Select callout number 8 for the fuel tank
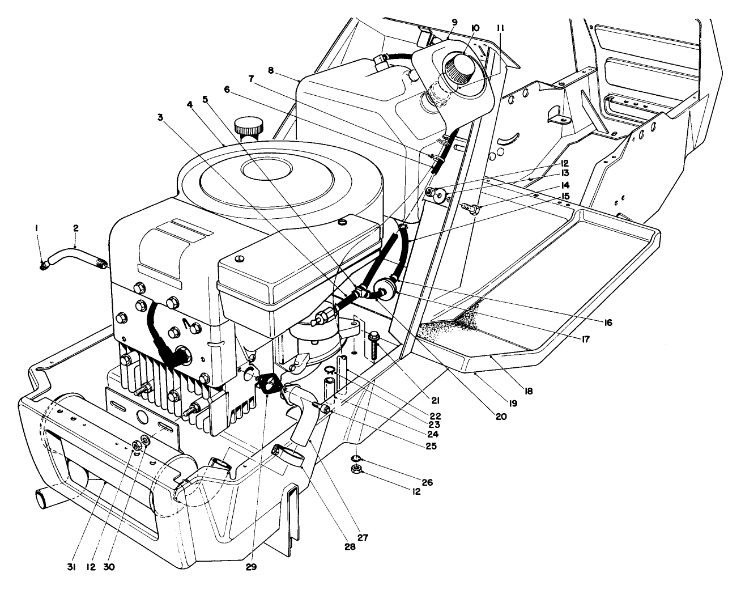coord(271,71)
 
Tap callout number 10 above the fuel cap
coord(475,28)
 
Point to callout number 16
coord(607,322)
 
